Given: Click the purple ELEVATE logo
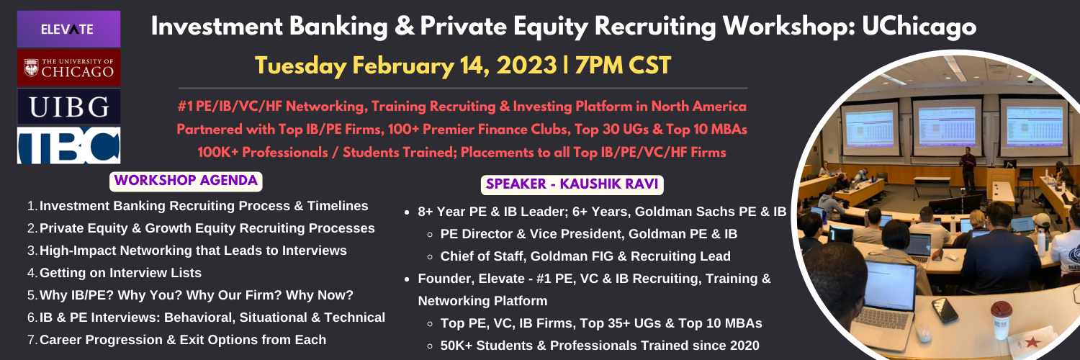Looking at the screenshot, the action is pos(68,29).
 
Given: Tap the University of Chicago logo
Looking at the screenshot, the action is pos(68,68).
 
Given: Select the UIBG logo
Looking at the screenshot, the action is pos(68,107).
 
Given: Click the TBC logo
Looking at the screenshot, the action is pos(68,145).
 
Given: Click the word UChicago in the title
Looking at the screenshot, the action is pos(919,27).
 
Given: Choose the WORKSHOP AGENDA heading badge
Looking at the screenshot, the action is pos(186,181).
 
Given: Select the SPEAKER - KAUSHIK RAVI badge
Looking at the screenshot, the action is pos(572,184).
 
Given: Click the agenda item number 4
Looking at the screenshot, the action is pos(32,273).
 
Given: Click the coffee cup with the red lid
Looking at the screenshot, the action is pos(1001,320).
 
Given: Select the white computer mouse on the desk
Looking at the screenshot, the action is pos(923,333).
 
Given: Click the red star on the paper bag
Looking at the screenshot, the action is pos(1032,342).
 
